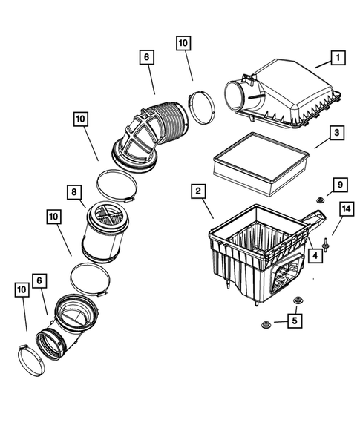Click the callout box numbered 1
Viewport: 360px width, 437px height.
[336, 56]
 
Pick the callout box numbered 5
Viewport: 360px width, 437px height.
[295, 321]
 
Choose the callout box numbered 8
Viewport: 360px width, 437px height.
[75, 193]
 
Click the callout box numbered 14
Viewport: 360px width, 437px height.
[344, 211]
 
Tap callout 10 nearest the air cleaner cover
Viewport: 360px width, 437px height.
[183, 44]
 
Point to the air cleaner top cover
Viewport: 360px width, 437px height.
[289, 93]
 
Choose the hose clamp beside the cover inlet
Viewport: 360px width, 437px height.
[200, 105]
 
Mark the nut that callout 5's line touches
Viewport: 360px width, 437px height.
[266, 323]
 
